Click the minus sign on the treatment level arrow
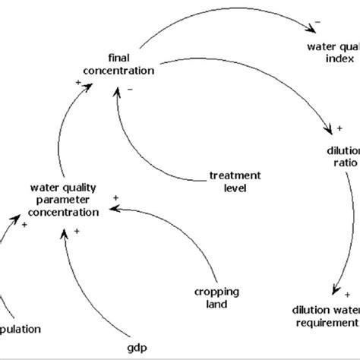[130, 90]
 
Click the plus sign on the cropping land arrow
[115, 197]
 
